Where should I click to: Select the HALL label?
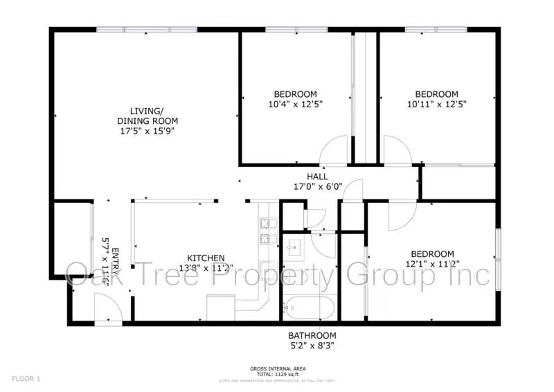click(318, 177)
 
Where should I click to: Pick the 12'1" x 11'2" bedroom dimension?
click(432, 263)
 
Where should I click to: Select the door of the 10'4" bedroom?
click(334, 150)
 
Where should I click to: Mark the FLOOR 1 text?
click(26, 379)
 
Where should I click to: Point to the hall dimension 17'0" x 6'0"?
click(318, 186)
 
